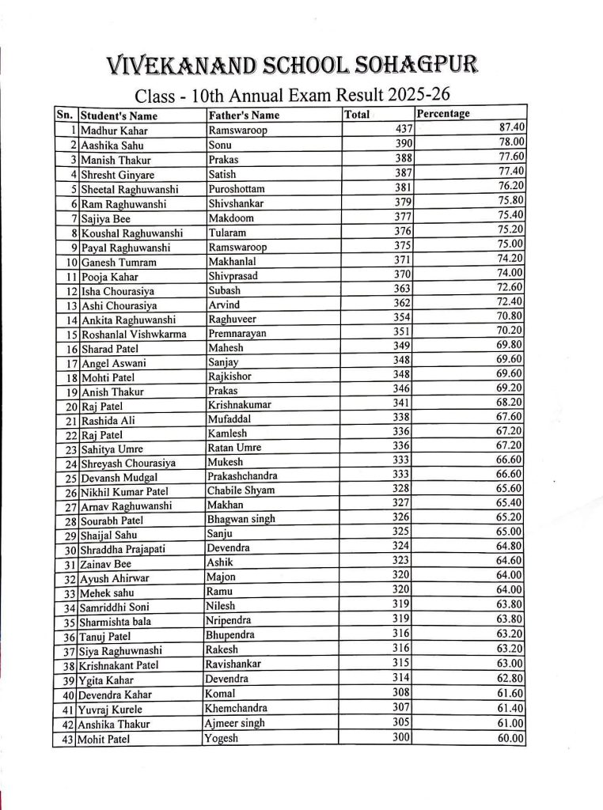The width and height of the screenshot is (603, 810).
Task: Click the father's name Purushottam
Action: coord(236,189)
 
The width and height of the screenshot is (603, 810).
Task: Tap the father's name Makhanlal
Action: coord(233,262)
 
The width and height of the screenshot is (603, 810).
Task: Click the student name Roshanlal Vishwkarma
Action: coord(134,335)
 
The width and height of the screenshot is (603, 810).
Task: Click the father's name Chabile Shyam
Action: coord(241,490)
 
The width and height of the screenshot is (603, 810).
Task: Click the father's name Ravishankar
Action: coord(233,664)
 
